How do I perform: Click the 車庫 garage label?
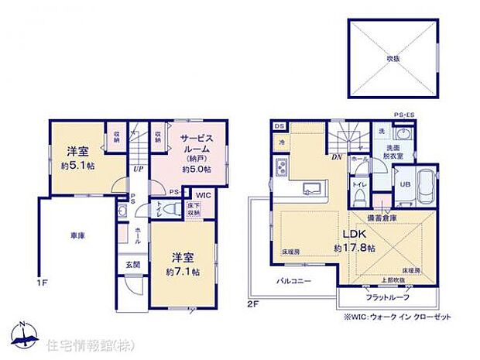75,235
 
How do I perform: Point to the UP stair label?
137,169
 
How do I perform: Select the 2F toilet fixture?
359,186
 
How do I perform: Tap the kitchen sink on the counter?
313,187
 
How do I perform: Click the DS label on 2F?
279,126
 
